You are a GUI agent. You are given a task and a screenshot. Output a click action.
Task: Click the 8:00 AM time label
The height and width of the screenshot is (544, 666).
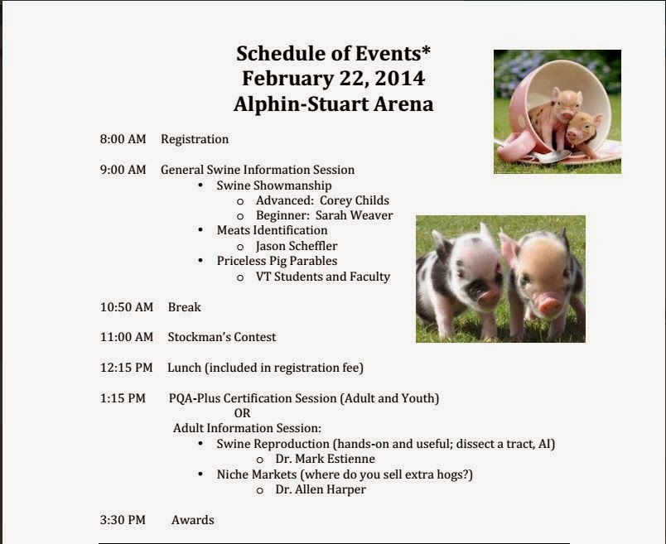pyautogui.click(x=123, y=139)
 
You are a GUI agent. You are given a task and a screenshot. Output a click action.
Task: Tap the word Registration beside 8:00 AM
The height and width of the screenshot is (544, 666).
pyautogui.click(x=195, y=140)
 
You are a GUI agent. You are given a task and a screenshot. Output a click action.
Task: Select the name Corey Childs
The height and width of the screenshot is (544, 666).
pyautogui.click(x=355, y=200)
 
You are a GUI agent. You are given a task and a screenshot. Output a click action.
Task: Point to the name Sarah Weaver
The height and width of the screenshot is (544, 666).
pyautogui.click(x=354, y=215)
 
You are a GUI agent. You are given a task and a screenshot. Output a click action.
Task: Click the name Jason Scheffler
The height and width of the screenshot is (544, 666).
pyautogui.click(x=297, y=246)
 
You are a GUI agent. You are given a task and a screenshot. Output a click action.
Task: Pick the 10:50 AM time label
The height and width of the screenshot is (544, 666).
pyautogui.click(x=127, y=307)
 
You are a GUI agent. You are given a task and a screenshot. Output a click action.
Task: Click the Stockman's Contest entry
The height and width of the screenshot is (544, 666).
pyautogui.click(x=222, y=337)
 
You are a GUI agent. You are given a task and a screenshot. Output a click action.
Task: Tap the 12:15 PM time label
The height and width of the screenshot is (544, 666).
pyautogui.click(x=126, y=368)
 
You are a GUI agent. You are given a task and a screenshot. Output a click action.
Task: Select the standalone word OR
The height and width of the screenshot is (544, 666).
pyautogui.click(x=242, y=413)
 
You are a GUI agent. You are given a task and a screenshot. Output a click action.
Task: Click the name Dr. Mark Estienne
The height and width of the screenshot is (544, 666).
pyautogui.click(x=325, y=459)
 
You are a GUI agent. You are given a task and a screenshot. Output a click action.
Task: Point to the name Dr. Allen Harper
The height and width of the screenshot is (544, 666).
pyautogui.click(x=321, y=489)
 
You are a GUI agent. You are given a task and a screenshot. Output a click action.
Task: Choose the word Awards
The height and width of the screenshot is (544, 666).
pyautogui.click(x=193, y=520)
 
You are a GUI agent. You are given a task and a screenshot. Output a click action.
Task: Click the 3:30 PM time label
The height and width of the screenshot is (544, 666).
pyautogui.click(x=123, y=520)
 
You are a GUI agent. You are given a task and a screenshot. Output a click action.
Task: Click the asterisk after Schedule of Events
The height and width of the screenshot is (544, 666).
pyautogui.click(x=426, y=51)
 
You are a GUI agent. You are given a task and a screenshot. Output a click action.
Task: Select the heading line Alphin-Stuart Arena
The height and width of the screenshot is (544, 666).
pyautogui.click(x=334, y=104)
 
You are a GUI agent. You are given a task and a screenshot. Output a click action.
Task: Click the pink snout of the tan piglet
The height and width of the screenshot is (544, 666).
pyautogui.click(x=548, y=304)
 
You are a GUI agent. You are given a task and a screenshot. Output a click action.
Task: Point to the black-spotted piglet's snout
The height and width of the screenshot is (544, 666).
pyautogui.click(x=488, y=296)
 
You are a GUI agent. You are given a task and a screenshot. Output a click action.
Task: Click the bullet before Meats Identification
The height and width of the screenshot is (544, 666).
pyautogui.click(x=201, y=229)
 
